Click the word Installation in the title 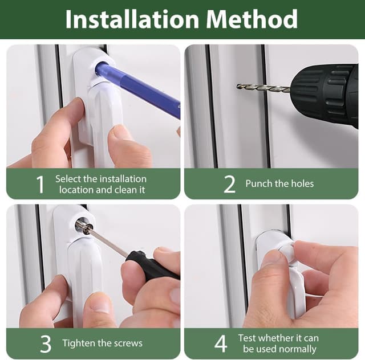click(132, 19)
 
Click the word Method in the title click(252, 19)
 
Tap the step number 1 click(40, 185)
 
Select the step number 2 click(229, 185)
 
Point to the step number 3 click(46, 343)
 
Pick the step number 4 click(221, 343)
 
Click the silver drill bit click(263, 88)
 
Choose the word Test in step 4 click(248, 338)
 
